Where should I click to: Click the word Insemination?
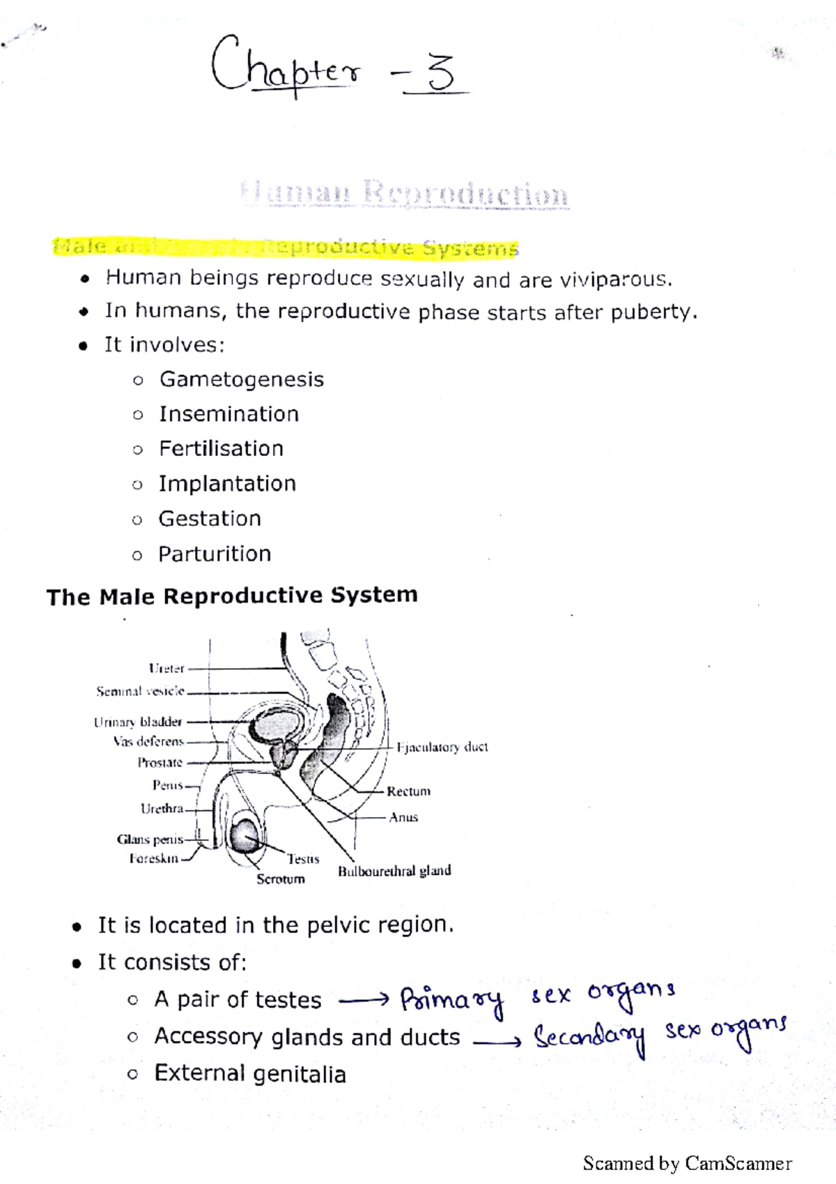[x=229, y=414]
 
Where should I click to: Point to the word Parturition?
[x=215, y=554]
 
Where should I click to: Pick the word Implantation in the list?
[x=227, y=484]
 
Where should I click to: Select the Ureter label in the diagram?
[x=167, y=669]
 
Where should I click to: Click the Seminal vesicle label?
[x=140, y=692]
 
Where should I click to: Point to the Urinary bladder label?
[x=138, y=722]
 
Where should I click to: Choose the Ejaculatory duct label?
[x=442, y=747]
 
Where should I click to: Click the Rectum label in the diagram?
[x=408, y=791]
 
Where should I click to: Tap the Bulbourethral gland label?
[x=394, y=871]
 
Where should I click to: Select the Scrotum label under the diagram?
[x=280, y=879]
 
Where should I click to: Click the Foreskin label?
[x=154, y=858]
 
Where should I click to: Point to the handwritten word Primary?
[x=451, y=1001]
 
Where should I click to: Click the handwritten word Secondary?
[x=589, y=1038]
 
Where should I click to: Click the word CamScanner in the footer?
[x=738, y=1163]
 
